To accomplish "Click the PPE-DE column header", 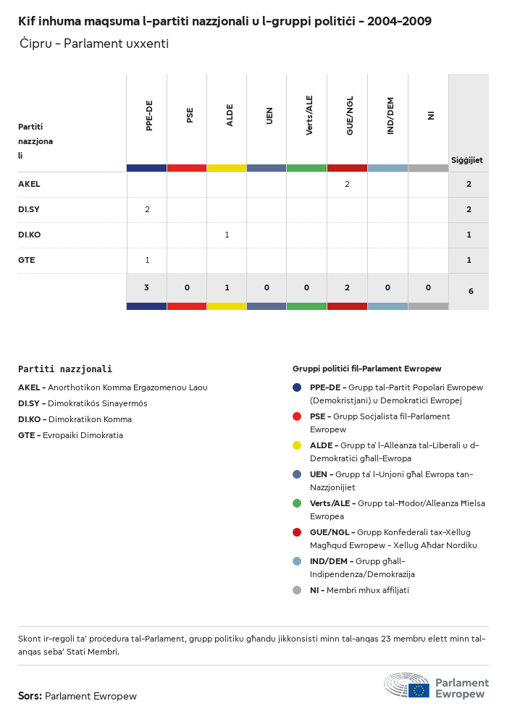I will click(148, 116).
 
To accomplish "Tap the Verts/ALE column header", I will click(309, 116).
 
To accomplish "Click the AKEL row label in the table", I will click(29, 185).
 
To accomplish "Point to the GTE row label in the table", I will click(27, 260).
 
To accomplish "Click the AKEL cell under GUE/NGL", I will click(347, 185).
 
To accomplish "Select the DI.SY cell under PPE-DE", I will click(147, 210).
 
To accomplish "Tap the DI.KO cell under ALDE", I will click(227, 235).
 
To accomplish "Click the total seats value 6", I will click(471, 291).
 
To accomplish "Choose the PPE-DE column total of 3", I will click(146, 287).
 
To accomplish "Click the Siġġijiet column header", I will click(467, 160).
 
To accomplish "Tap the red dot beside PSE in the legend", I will click(297, 416).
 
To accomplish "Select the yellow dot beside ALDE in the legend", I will click(297, 445).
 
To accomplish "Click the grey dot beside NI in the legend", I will click(297, 590).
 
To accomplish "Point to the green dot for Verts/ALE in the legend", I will click(297, 503).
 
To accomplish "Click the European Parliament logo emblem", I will click(407, 685).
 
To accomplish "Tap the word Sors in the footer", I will click(30, 696).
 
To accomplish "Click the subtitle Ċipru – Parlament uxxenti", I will click(94, 43).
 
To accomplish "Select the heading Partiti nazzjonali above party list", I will click(65, 369).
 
